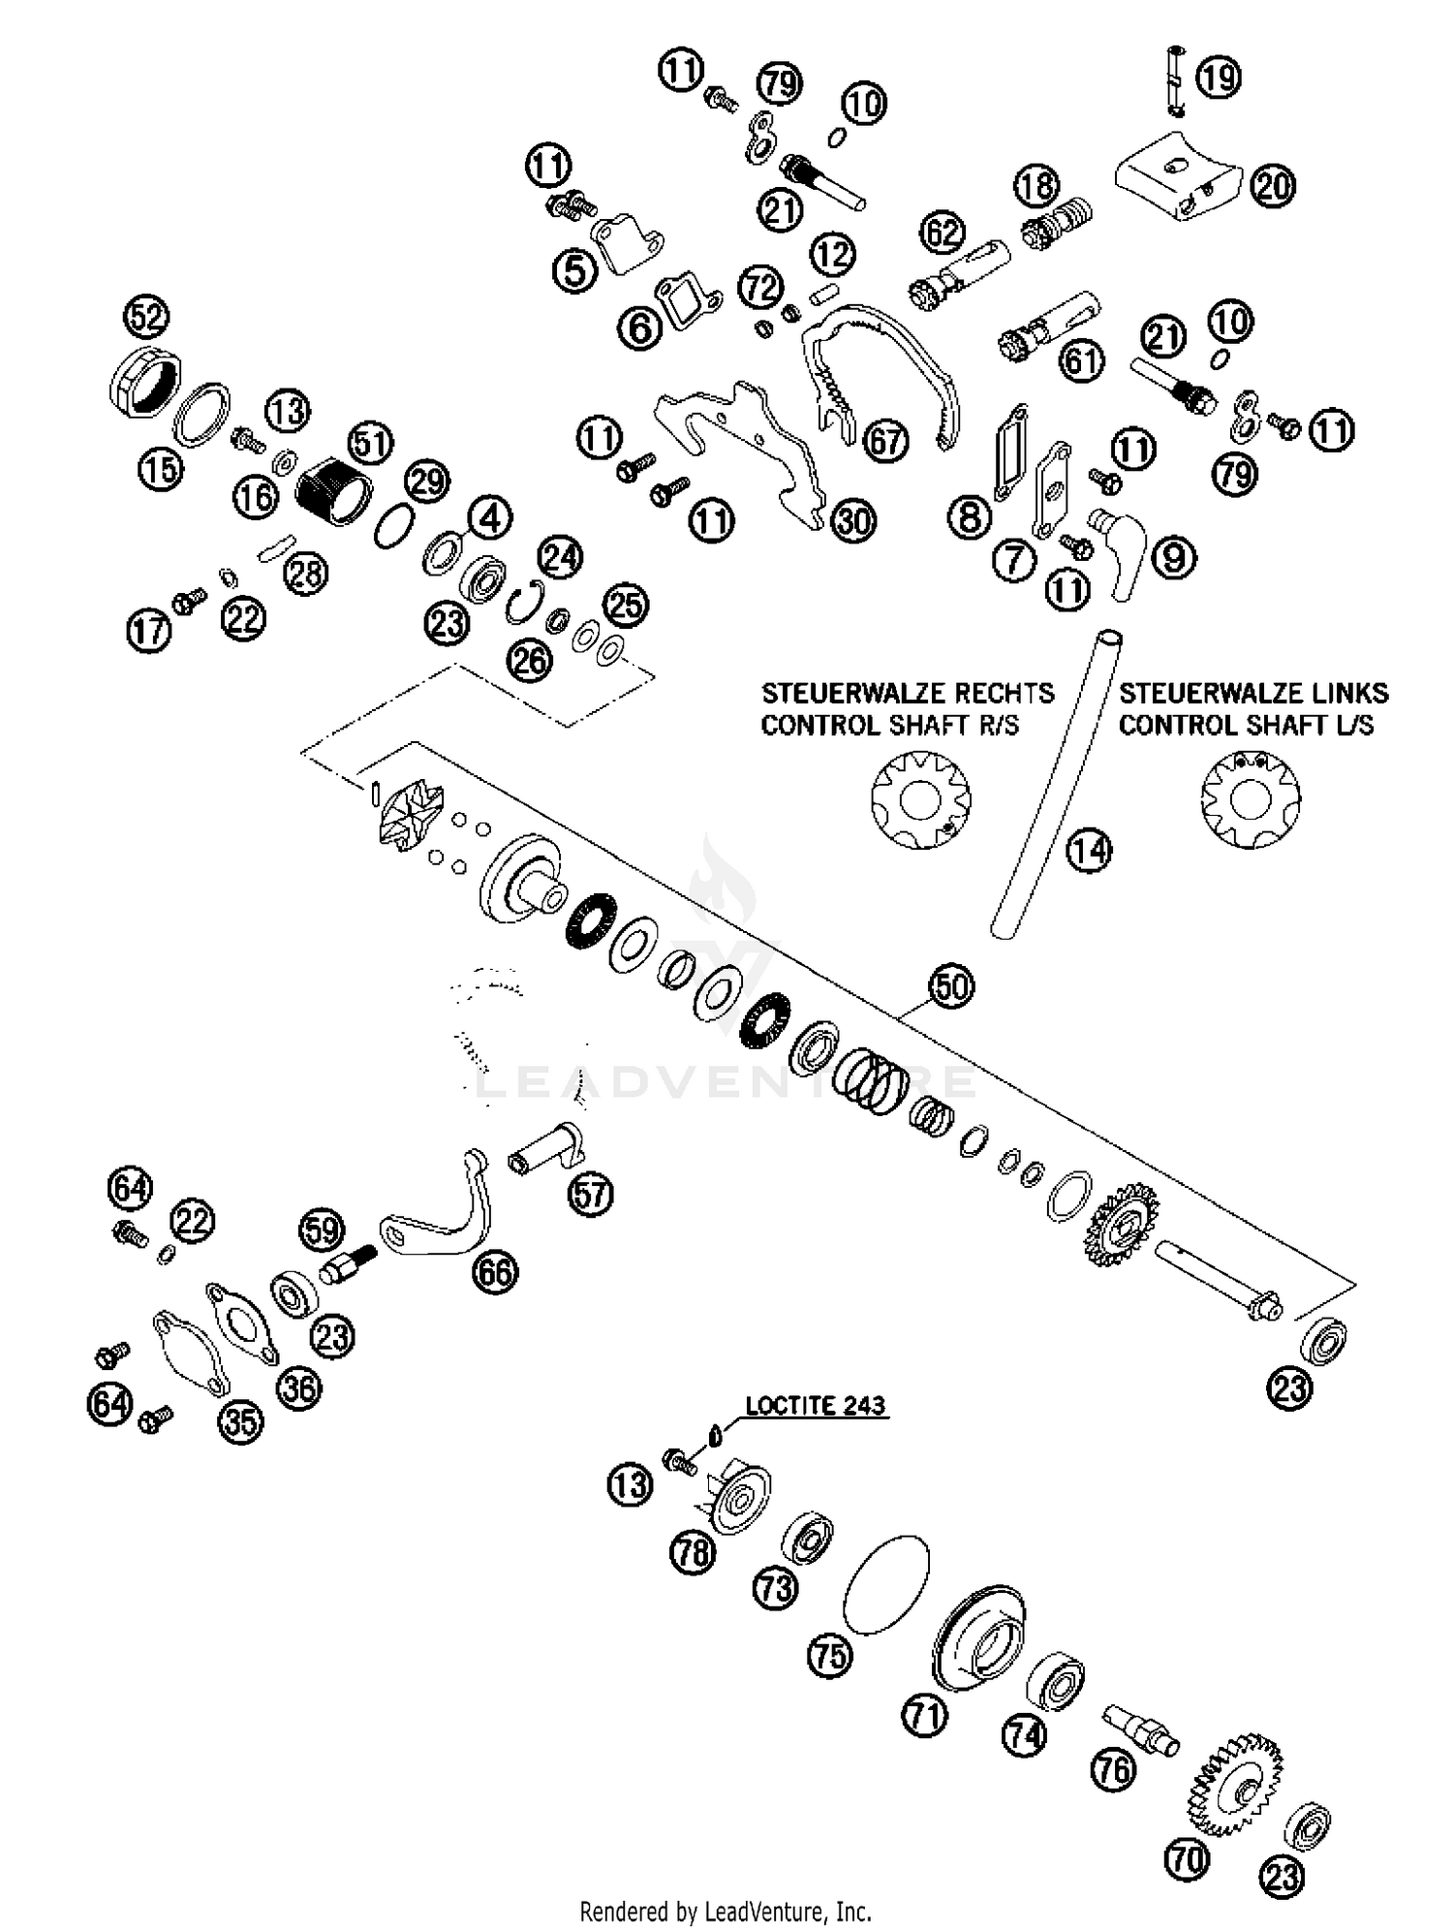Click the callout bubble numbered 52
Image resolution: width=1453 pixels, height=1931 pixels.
[146, 317]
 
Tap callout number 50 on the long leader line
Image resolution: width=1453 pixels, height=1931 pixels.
[951, 986]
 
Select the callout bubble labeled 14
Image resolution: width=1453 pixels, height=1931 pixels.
[1089, 850]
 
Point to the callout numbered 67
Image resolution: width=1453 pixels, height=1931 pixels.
[885, 442]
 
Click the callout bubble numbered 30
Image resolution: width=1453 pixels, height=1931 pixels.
[853, 521]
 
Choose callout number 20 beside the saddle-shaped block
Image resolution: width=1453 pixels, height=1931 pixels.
[1273, 185]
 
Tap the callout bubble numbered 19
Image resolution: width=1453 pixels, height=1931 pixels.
[1219, 77]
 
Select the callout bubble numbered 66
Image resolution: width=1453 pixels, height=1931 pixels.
[495, 1271]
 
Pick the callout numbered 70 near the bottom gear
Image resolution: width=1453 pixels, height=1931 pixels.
[1190, 1859]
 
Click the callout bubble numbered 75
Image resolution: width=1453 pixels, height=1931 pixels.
[830, 1656]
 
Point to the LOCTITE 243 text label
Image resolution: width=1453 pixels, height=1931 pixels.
[816, 1405]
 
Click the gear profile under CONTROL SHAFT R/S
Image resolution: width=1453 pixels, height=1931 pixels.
[920, 801]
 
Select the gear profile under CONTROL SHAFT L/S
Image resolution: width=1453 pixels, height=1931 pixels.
[1251, 801]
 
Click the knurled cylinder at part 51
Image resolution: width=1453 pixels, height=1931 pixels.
[334, 492]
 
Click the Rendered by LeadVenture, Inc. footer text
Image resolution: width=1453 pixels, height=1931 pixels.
[726, 1912]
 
